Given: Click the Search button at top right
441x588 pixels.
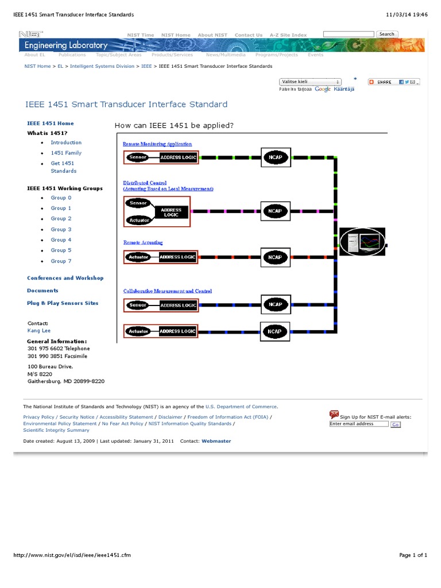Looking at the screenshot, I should coord(386,34).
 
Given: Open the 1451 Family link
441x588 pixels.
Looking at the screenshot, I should coord(66,153).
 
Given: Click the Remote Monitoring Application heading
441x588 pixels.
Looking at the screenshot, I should coord(157,144).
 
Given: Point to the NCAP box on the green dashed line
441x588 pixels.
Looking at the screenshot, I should coord(275,157).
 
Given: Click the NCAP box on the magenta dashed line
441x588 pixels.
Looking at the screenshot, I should coord(275,211).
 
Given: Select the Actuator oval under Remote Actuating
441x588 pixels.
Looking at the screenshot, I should coord(138,257).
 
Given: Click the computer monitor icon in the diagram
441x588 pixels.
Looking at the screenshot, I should coord(362,242).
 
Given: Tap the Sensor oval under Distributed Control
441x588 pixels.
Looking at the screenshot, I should coord(138,203).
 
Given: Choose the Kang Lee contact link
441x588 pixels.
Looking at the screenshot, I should coord(39,331).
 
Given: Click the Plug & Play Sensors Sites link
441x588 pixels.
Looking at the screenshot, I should coord(63,303).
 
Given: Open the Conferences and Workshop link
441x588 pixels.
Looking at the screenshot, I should coord(65,278).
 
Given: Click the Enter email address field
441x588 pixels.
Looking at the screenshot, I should coord(359,424).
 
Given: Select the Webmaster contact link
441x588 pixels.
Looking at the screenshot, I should coord(216,441).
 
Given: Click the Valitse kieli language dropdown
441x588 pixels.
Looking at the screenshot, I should coord(310,82).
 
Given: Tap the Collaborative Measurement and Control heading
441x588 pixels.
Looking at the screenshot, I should coord(168,291).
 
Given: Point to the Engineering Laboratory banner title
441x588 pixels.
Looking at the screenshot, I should coord(66,45).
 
